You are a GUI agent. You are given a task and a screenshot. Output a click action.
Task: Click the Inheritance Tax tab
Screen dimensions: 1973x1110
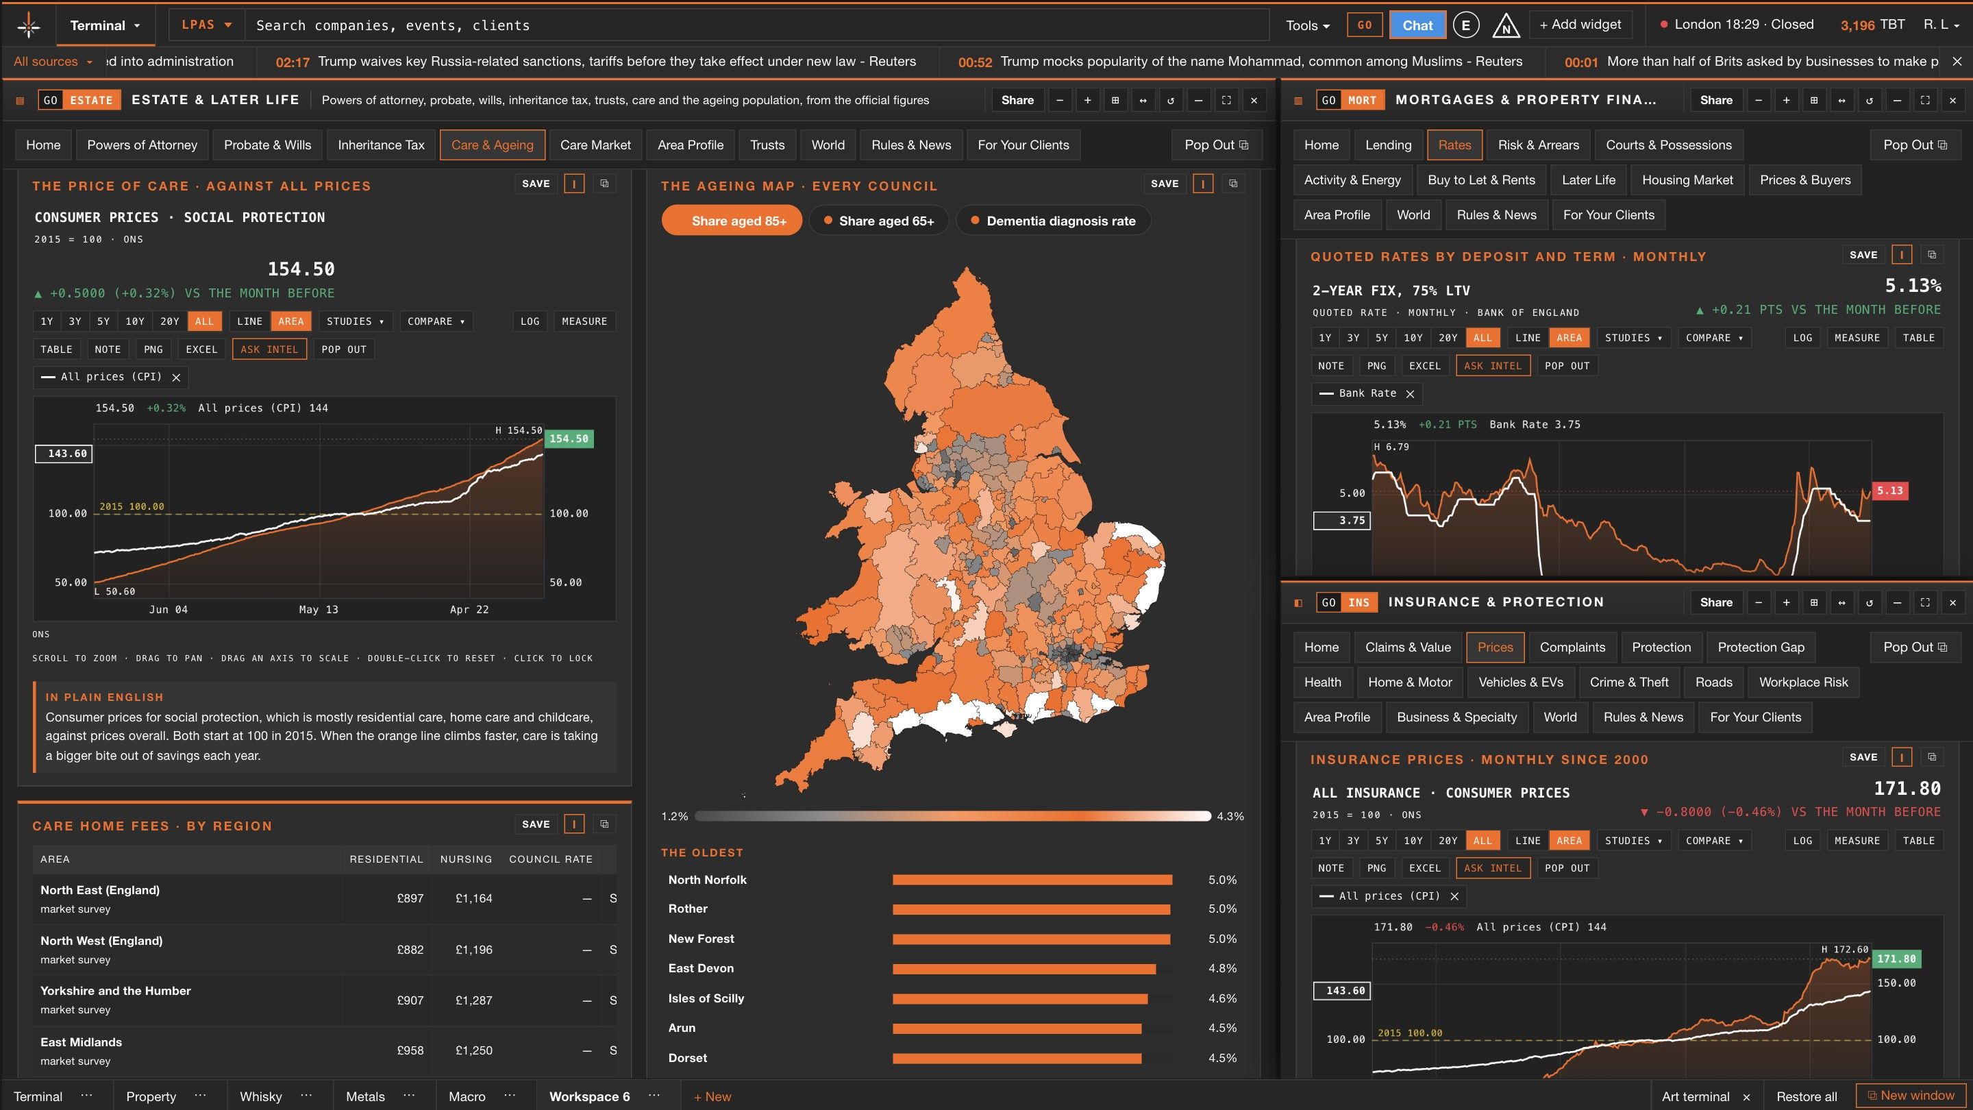coord(381,145)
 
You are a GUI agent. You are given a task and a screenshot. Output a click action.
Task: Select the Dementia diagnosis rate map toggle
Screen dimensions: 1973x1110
coord(1053,221)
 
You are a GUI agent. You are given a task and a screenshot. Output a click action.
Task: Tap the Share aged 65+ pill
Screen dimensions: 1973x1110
coord(878,221)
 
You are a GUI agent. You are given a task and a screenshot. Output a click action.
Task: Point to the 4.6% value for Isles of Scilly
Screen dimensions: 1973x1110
coord(1221,998)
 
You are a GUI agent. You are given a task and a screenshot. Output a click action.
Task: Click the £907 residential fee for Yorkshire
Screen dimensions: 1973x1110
coord(410,1000)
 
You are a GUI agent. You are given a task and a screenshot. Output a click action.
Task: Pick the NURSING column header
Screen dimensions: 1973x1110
coord(466,859)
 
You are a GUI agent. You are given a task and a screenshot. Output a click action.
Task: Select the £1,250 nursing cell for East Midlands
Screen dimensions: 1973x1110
coord(473,1050)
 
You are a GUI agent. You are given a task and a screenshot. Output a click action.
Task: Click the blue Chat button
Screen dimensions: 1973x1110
coord(1417,25)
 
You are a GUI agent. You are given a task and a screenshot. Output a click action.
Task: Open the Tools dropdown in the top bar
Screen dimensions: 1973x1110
coord(1307,25)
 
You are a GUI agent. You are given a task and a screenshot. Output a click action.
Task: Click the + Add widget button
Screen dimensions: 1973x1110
coord(1580,25)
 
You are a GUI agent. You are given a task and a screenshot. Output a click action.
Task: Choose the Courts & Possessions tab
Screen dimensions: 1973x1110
coord(1668,145)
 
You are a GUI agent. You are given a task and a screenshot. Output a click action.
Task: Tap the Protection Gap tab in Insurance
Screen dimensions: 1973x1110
coord(1761,647)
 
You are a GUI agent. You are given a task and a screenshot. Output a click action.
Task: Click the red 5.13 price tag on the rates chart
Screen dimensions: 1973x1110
coord(1889,491)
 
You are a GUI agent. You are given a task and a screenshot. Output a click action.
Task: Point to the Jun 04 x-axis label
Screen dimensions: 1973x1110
coord(168,610)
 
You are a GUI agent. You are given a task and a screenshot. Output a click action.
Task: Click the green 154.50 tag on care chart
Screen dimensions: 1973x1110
coord(569,439)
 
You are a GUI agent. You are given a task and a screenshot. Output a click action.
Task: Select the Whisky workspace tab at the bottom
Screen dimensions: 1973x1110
coord(260,1096)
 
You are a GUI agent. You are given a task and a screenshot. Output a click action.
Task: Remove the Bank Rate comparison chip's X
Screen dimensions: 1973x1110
coord(1410,394)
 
